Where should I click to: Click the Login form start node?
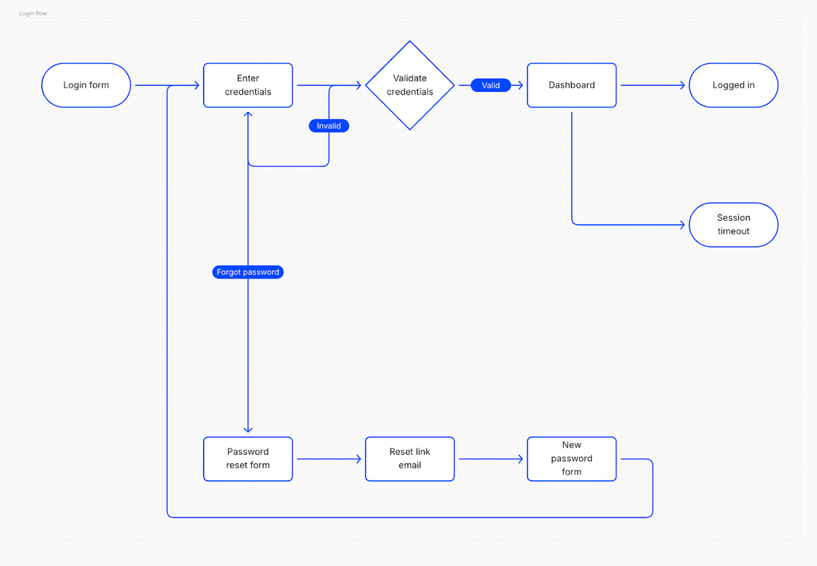[86, 85]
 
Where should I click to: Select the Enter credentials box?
[248, 85]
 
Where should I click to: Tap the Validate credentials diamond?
[410, 85]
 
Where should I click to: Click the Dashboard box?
[571, 85]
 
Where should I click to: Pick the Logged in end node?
[733, 85]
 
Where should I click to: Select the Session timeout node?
[733, 225]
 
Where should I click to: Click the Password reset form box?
[248, 458]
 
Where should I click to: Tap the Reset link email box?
[410, 458]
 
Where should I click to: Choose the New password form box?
[571, 458]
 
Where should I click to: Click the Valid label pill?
[491, 85]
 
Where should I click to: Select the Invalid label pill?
[329, 126]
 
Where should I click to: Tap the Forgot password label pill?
[248, 272]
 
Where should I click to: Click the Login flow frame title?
[33, 14]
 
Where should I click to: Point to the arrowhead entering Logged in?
[682, 85]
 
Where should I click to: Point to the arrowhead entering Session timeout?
[682, 225]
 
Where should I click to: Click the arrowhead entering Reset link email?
[358, 458]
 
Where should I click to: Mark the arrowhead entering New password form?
[520, 458]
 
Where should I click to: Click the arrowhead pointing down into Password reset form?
[248, 430]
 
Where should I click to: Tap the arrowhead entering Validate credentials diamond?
[358, 85]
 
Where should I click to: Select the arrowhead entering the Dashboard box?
[520, 85]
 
